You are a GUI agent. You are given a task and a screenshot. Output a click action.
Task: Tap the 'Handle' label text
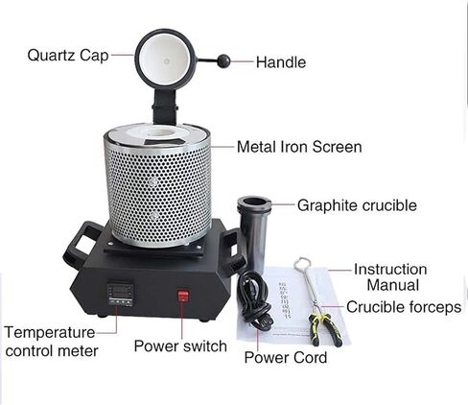(281, 62)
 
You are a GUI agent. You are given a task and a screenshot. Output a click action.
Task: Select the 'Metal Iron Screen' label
(299, 147)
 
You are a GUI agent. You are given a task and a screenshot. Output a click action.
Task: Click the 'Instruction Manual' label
(390, 276)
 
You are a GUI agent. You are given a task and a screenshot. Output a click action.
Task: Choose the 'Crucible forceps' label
(404, 307)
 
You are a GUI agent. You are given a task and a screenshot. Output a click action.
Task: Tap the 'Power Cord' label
(285, 357)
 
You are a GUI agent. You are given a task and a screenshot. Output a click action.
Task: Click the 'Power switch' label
(180, 345)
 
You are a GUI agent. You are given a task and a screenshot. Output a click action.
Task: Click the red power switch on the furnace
(183, 297)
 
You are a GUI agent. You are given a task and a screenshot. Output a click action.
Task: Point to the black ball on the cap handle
(223, 61)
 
